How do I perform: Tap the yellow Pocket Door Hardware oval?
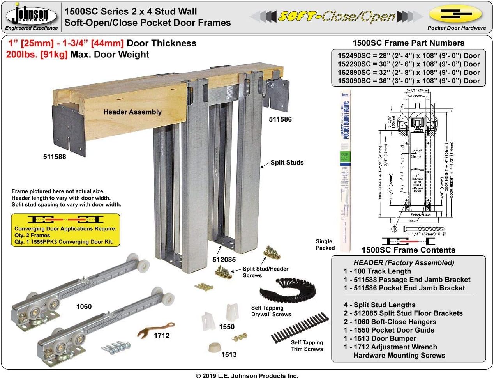(x=456, y=15)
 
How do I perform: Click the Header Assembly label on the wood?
(x=132, y=112)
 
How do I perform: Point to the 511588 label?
(x=55, y=157)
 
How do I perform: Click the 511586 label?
(x=280, y=119)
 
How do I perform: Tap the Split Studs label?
(x=287, y=163)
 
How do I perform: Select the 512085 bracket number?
(x=224, y=259)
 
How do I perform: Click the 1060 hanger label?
(x=84, y=306)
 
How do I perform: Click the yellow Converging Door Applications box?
(x=65, y=230)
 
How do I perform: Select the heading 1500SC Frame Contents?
(x=408, y=250)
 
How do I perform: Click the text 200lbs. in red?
(x=22, y=55)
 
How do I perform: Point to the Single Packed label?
(x=325, y=244)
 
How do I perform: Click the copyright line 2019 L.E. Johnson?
(x=247, y=376)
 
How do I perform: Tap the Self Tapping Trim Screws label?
(x=307, y=345)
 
